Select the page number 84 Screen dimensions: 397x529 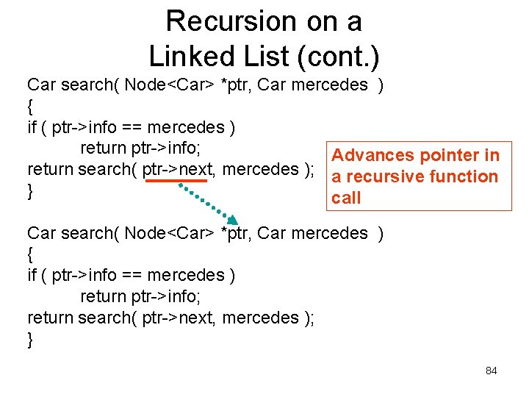pyautogui.click(x=491, y=371)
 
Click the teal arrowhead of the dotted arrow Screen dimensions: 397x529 pyautogui.click(x=233, y=218)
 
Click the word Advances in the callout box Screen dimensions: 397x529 pyautogui.click(x=373, y=155)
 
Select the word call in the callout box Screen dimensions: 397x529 pyautogui.click(x=346, y=198)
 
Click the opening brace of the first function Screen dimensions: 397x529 pyautogui.click(x=30, y=106)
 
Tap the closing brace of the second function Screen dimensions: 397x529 pyautogui.click(x=30, y=339)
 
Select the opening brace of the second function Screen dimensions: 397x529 pyautogui.click(x=30, y=254)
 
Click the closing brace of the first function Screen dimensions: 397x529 pyautogui.click(x=30, y=191)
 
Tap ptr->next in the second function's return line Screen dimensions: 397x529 pyautogui.click(x=176, y=318)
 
